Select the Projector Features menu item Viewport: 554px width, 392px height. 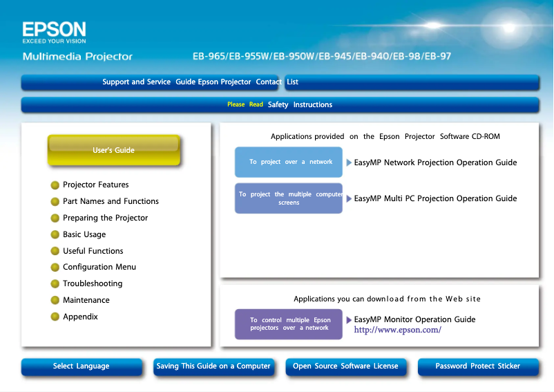(95, 185)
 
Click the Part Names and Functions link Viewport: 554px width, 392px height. (111, 202)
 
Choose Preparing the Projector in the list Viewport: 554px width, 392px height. (105, 218)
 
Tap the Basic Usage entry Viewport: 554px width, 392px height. (84, 235)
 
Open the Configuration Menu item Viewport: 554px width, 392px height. (99, 268)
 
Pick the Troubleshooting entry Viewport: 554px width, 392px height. (93, 284)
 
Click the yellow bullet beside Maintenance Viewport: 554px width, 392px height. (55, 301)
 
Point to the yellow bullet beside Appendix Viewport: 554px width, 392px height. (55, 317)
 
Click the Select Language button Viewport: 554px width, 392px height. (81, 366)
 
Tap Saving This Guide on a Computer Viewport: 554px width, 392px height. (213, 366)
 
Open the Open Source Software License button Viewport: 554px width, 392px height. (345, 366)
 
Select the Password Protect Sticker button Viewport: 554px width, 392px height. (477, 366)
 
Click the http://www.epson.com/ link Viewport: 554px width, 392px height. (397, 330)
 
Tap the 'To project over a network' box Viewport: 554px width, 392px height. (289, 162)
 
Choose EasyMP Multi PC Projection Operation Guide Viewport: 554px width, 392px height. (435, 199)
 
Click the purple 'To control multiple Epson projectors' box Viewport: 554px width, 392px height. (289, 324)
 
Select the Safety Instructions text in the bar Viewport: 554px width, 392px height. (300, 105)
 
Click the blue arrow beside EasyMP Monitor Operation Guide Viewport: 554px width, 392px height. (349, 320)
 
